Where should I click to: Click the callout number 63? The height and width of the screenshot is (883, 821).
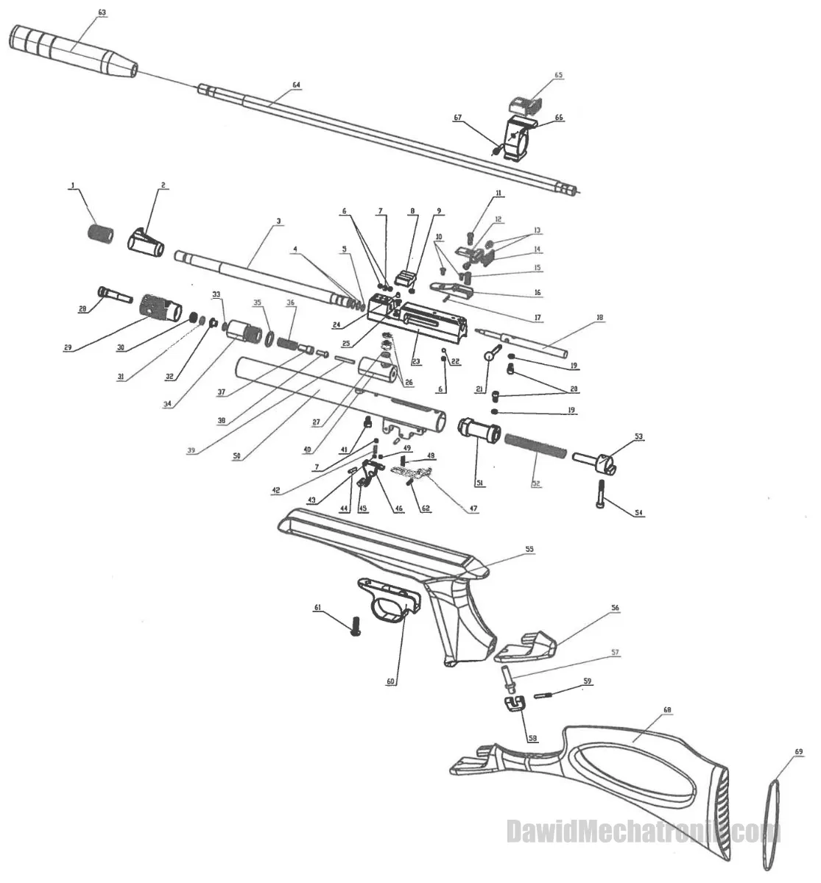(102, 13)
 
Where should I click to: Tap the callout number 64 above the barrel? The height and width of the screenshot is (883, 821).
(296, 85)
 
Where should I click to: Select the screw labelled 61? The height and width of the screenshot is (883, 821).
(356, 626)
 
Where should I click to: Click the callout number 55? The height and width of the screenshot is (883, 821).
(529, 549)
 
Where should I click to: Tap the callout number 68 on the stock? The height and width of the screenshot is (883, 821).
(667, 710)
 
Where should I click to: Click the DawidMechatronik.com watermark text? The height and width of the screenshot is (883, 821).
(644, 832)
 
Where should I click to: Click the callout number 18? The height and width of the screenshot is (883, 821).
(599, 317)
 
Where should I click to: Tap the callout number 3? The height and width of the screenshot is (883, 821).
(278, 221)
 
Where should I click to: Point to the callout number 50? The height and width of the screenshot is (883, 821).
(237, 456)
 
